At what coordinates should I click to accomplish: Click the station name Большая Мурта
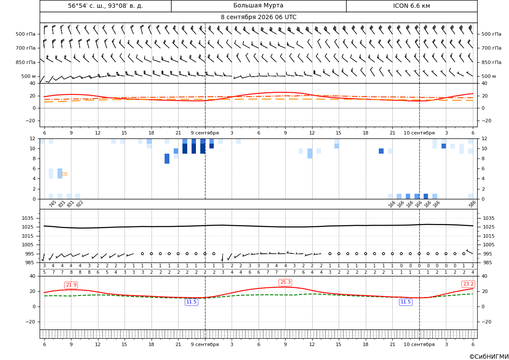pos(258,6)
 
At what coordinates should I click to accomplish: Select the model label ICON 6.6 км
pos(411,6)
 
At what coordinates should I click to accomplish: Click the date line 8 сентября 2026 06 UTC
pos(258,17)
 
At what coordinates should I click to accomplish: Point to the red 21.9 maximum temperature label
pos(71,285)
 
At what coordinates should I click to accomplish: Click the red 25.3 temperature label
pos(285,283)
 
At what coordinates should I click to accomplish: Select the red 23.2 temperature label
pos(468,284)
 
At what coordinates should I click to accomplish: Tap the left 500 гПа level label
pos(26,34)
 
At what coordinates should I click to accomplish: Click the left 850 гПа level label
pos(26,62)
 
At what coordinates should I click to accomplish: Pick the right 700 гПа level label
pos(491,48)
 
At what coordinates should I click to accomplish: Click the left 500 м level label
pos(29,76)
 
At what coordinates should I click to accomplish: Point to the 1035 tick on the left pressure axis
pos(29,218)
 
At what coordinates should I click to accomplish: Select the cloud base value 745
pos(52,204)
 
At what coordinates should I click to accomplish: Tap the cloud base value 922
pos(79,204)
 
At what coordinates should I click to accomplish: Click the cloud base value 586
pos(472,204)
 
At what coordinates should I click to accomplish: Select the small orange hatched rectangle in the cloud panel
pos(64,174)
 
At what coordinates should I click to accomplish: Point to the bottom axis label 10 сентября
pos(419,344)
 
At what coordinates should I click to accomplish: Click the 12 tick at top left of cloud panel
pos(33,138)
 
